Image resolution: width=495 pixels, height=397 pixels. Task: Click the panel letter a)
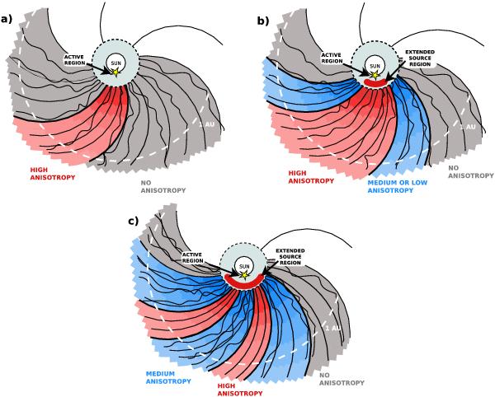coord(7,12)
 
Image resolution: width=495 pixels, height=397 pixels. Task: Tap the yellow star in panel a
coord(115,72)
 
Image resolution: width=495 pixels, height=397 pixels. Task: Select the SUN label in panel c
coord(244,265)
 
